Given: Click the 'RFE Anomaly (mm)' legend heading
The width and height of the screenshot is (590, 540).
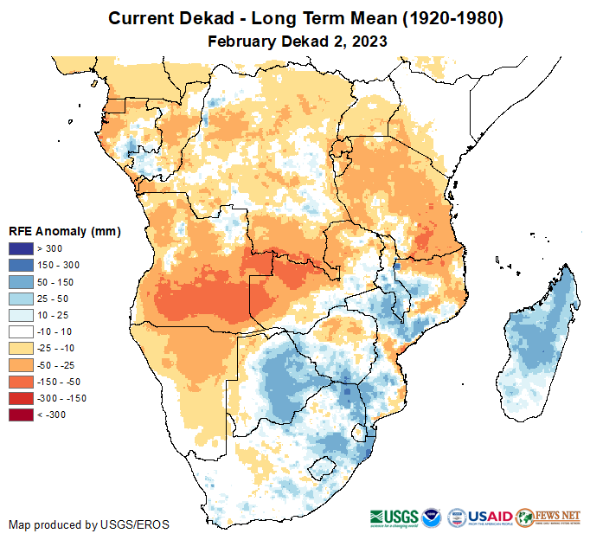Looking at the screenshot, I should coord(65,231).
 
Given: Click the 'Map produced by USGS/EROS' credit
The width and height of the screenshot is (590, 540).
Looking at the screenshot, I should coord(89,524).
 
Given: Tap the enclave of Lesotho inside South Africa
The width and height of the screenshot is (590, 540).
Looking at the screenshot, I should coord(324,470).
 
